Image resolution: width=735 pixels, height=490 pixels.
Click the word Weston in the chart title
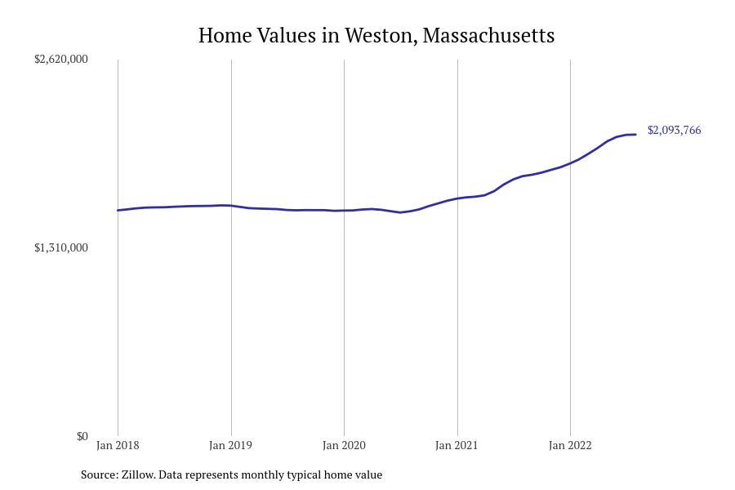tap(380, 36)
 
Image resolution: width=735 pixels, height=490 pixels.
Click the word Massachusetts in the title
tap(488, 36)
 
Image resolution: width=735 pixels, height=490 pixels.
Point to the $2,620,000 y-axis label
tap(60, 59)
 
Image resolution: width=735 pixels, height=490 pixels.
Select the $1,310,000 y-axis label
tap(60, 247)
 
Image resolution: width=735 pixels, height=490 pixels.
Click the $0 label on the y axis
tap(82, 436)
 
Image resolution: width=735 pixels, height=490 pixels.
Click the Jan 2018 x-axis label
tap(118, 445)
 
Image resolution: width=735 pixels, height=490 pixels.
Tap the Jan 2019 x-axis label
tap(230, 445)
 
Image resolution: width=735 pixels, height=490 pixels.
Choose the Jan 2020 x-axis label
tap(344, 445)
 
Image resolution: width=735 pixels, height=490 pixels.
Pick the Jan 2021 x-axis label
tap(457, 445)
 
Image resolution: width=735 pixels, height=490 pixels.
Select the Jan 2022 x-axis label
tap(570, 445)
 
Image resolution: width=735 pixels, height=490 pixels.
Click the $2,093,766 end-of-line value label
tap(674, 130)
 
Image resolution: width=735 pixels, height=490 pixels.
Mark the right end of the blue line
tap(635, 135)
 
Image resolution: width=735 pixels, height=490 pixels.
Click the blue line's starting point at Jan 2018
tap(118, 211)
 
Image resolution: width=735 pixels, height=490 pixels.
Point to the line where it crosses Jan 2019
tap(231, 206)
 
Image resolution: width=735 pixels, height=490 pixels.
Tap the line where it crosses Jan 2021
tap(457, 198)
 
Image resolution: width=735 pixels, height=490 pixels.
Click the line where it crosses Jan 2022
tap(570, 163)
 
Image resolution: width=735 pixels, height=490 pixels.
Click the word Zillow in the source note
tap(137, 474)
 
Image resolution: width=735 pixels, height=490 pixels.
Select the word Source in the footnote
tap(99, 474)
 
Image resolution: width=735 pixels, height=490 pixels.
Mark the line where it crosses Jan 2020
tap(344, 211)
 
